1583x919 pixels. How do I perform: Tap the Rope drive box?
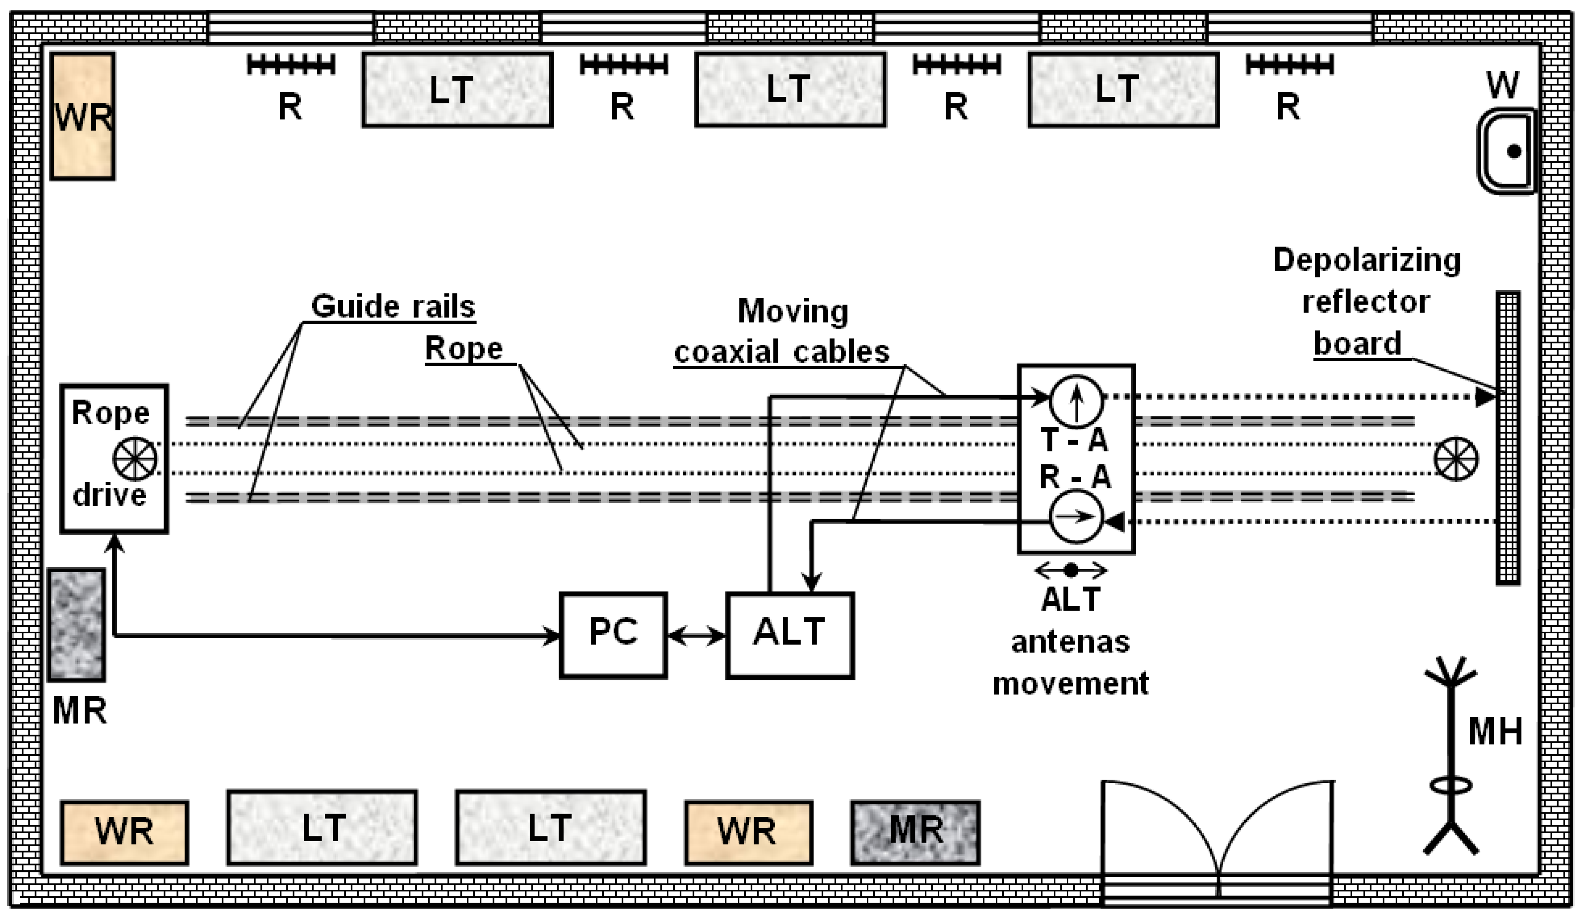point(114,458)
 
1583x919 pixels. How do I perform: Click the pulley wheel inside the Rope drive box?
point(134,459)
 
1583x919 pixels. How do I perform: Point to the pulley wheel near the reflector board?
point(1456,459)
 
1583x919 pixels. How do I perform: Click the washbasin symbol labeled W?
point(1506,151)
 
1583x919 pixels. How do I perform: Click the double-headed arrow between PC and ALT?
point(696,636)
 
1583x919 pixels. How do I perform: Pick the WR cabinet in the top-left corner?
point(82,116)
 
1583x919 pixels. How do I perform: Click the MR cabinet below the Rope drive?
point(77,624)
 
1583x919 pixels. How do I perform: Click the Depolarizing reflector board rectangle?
point(1507,438)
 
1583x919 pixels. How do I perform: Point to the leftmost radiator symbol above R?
point(290,64)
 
